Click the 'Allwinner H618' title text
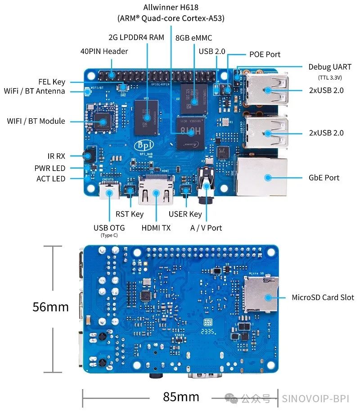click(x=171, y=7)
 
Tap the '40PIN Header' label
click(x=104, y=51)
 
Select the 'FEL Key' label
click(x=52, y=82)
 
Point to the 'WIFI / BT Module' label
click(x=36, y=121)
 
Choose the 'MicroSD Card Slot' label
click(x=323, y=297)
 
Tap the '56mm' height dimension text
click(x=50, y=307)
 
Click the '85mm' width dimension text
click(x=181, y=397)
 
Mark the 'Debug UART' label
click(x=329, y=67)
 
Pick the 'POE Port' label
click(x=265, y=54)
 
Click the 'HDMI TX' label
click(x=156, y=228)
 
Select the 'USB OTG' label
click(x=109, y=228)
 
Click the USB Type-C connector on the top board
click(x=109, y=192)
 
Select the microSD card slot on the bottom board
click(x=261, y=294)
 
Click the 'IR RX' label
click(x=56, y=156)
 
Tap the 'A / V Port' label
click(x=206, y=228)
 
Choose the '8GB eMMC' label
click(x=194, y=38)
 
